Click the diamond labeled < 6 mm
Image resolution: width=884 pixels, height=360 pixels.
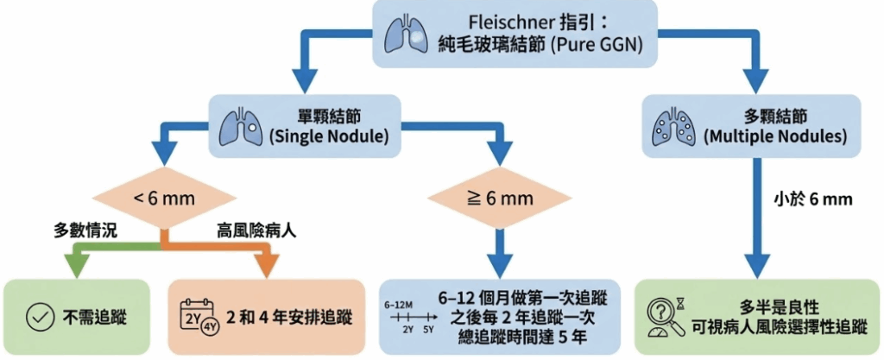(165, 199)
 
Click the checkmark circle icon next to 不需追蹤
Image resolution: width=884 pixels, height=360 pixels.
(37, 315)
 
